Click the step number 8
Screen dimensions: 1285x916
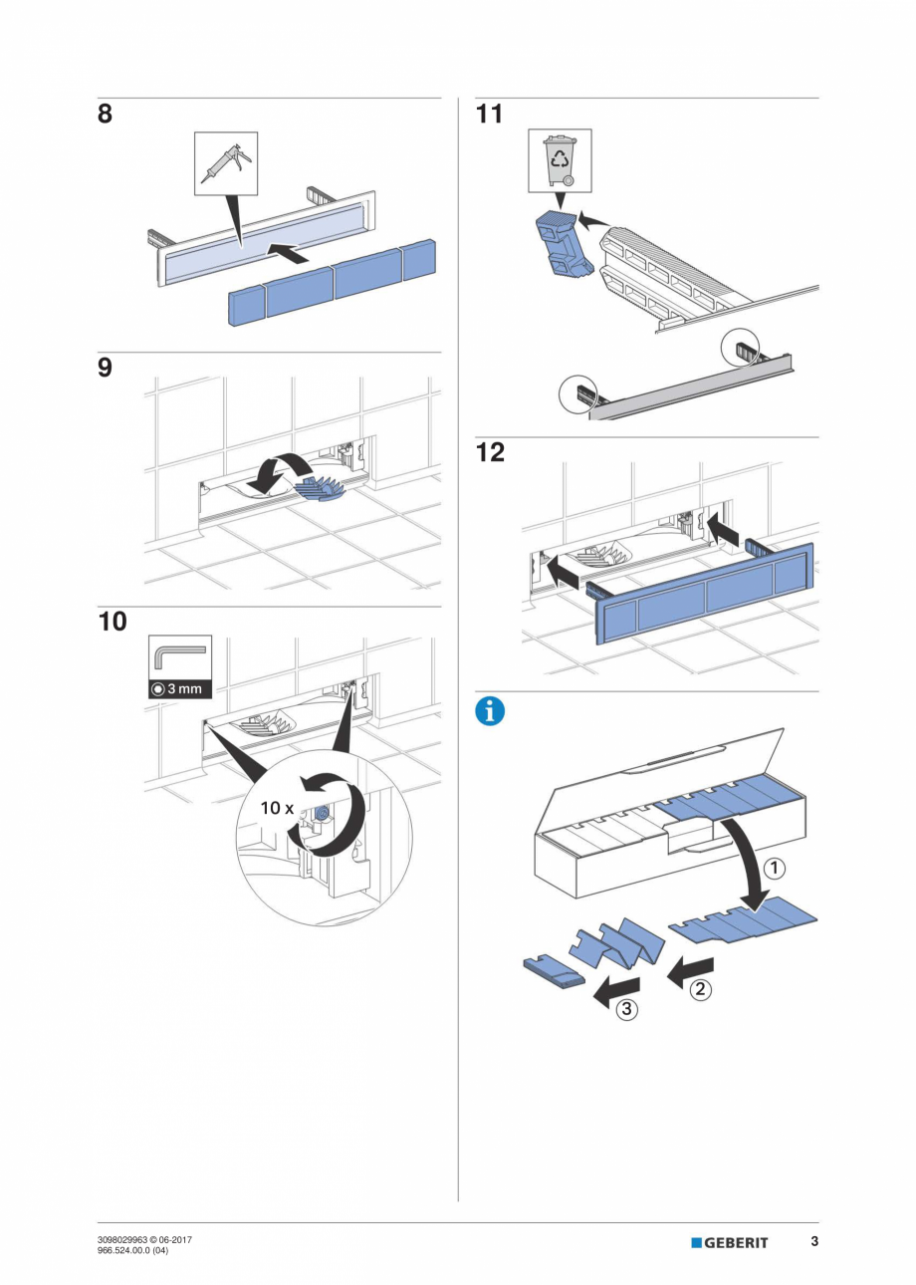[105, 115]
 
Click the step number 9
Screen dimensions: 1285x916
[105, 369]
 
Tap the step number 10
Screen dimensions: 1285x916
[113, 623]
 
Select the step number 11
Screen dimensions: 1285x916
[489, 115]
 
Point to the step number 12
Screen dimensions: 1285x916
[490, 452]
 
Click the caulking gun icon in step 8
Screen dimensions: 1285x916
[225, 162]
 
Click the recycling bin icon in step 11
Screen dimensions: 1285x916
[560, 159]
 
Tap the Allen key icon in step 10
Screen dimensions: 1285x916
[180, 657]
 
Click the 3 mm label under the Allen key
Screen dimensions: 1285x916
[180, 689]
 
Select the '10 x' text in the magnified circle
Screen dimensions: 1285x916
[277, 808]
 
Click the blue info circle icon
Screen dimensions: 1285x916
[490, 711]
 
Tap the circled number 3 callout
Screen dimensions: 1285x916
[625, 1009]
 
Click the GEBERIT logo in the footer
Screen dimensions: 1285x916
[730, 1242]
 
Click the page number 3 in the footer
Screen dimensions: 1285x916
[813, 1241]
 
